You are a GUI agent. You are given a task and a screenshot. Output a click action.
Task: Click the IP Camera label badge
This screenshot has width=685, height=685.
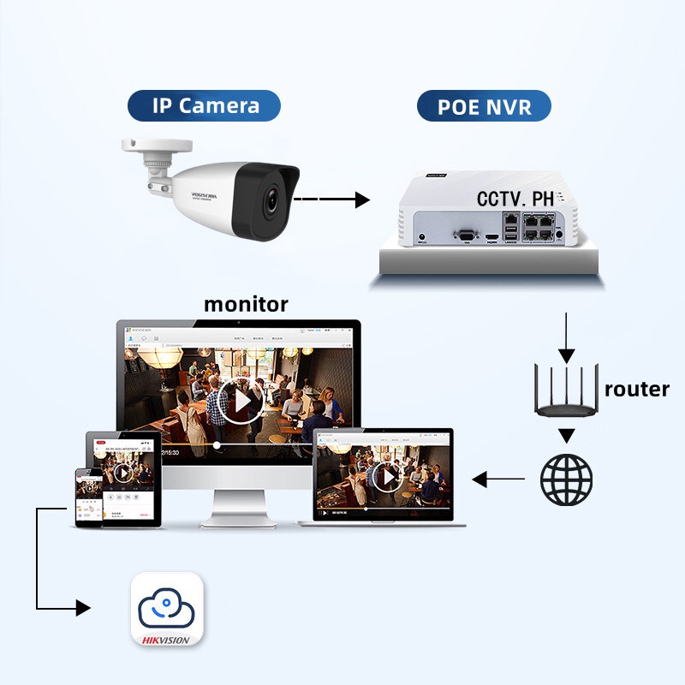(205, 106)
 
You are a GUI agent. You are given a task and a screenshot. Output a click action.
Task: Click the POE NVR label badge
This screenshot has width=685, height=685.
(484, 107)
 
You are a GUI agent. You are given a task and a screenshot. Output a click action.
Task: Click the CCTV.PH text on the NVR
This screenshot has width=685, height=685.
(516, 199)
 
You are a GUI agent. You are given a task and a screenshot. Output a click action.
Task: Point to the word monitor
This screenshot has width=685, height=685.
(246, 304)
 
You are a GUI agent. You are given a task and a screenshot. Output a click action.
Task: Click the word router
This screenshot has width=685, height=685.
(636, 388)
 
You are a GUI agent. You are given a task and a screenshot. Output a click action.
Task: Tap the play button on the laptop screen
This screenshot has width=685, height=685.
(388, 476)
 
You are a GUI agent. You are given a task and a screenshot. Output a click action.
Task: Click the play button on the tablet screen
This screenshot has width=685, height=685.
(122, 472)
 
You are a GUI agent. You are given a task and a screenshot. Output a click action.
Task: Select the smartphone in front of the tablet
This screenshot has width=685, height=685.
(89, 496)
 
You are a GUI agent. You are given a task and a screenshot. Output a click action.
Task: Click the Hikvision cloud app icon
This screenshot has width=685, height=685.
(167, 609)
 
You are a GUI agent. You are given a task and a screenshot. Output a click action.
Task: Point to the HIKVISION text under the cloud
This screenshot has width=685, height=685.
(167, 637)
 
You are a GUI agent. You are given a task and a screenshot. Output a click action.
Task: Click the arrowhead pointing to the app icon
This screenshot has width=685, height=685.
(82, 608)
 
